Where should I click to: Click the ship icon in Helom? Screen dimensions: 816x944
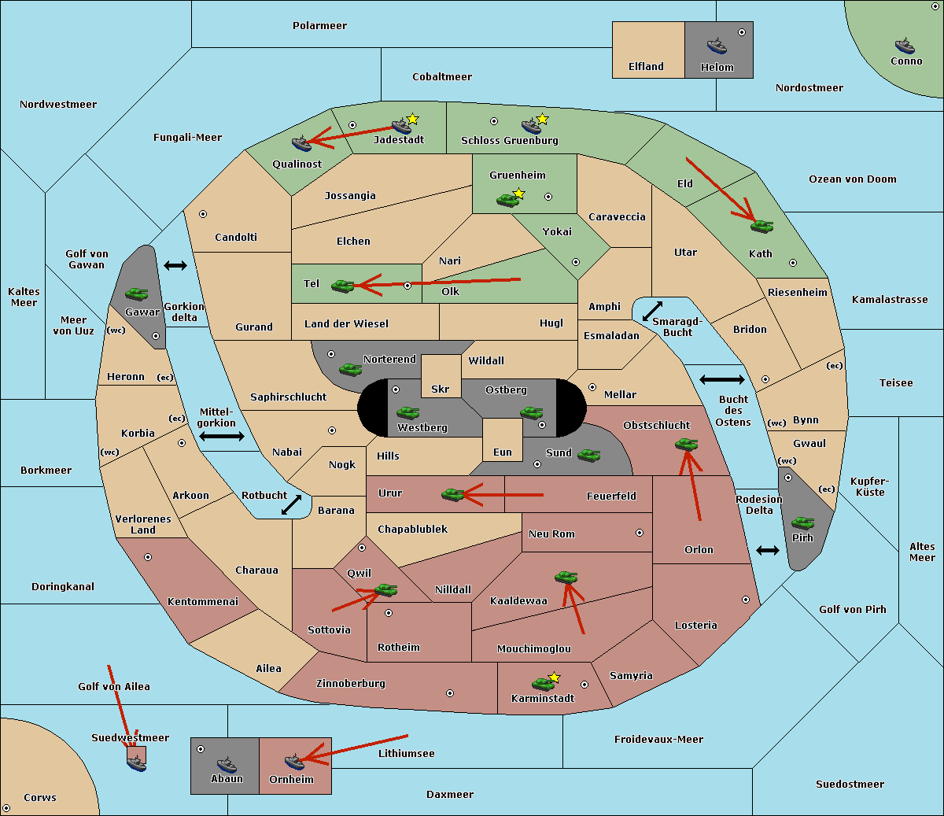point(717,45)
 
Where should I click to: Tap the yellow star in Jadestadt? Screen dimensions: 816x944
point(413,119)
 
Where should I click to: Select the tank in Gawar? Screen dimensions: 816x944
point(137,294)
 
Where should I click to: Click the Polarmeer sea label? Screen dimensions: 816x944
point(319,26)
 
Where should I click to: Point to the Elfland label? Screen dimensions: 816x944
point(646,67)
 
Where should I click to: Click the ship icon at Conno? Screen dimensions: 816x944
point(905,46)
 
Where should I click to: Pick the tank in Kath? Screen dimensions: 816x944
point(761,227)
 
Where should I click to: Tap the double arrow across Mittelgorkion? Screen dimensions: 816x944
point(222,436)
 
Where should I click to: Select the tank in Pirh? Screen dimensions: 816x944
point(803,522)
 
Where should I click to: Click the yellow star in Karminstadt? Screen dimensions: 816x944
point(555,677)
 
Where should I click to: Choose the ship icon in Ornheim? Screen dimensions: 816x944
point(294,762)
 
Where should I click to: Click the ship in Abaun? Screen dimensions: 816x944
point(227,764)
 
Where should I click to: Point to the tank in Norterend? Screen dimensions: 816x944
point(351,368)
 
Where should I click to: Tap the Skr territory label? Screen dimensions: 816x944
point(441,390)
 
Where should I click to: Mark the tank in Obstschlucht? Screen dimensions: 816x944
point(686,444)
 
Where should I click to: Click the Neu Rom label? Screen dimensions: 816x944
point(551,534)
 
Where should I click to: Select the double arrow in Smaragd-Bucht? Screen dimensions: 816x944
point(653,311)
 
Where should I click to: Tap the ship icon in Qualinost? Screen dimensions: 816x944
point(302,143)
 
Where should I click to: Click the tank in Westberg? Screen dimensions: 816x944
point(407,412)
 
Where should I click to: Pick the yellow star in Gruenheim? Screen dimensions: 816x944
point(518,194)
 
